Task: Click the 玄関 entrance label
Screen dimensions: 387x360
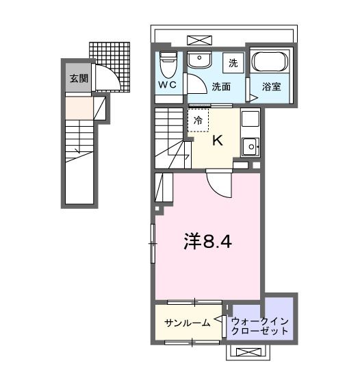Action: [x=78, y=78]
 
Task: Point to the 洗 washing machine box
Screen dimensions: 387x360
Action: [x=233, y=63]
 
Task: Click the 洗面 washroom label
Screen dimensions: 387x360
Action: [x=220, y=87]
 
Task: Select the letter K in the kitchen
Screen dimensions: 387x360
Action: [x=218, y=141]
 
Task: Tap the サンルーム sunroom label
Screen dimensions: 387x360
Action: [x=186, y=323]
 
